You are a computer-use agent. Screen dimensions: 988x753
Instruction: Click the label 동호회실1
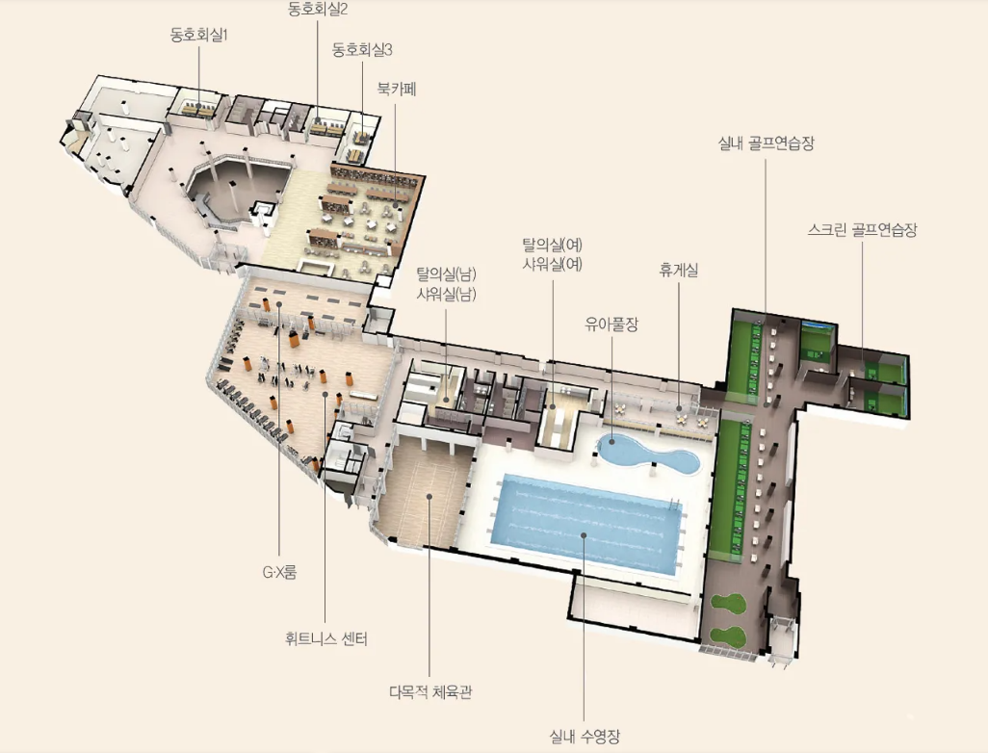[198, 35]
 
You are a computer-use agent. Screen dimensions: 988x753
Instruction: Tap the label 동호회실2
[318, 9]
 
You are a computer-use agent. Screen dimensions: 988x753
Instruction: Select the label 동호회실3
[362, 50]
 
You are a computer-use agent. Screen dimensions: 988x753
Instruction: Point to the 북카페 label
[397, 89]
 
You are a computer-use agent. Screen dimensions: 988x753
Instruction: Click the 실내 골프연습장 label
[767, 143]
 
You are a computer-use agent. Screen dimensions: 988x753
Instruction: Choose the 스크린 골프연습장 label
[862, 229]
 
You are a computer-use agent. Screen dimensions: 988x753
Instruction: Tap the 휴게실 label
[679, 271]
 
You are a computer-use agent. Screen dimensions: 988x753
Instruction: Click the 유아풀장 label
[611, 324]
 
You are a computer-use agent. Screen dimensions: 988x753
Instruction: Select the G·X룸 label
[279, 572]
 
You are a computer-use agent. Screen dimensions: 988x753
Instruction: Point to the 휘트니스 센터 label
[325, 639]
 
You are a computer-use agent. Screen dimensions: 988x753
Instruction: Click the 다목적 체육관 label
[430, 692]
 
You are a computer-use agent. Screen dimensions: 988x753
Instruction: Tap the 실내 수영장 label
[585, 736]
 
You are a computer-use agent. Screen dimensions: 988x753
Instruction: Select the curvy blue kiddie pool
[648, 454]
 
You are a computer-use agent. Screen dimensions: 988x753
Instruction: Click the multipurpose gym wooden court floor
[426, 488]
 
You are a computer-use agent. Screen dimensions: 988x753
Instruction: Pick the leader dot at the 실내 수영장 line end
[584, 535]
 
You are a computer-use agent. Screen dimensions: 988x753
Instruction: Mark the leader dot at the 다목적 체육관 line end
[429, 496]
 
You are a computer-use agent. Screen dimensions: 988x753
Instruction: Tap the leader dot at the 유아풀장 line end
[611, 443]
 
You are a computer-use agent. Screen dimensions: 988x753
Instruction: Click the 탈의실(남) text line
[446, 274]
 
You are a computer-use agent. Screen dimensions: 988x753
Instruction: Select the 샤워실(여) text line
[553, 264]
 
